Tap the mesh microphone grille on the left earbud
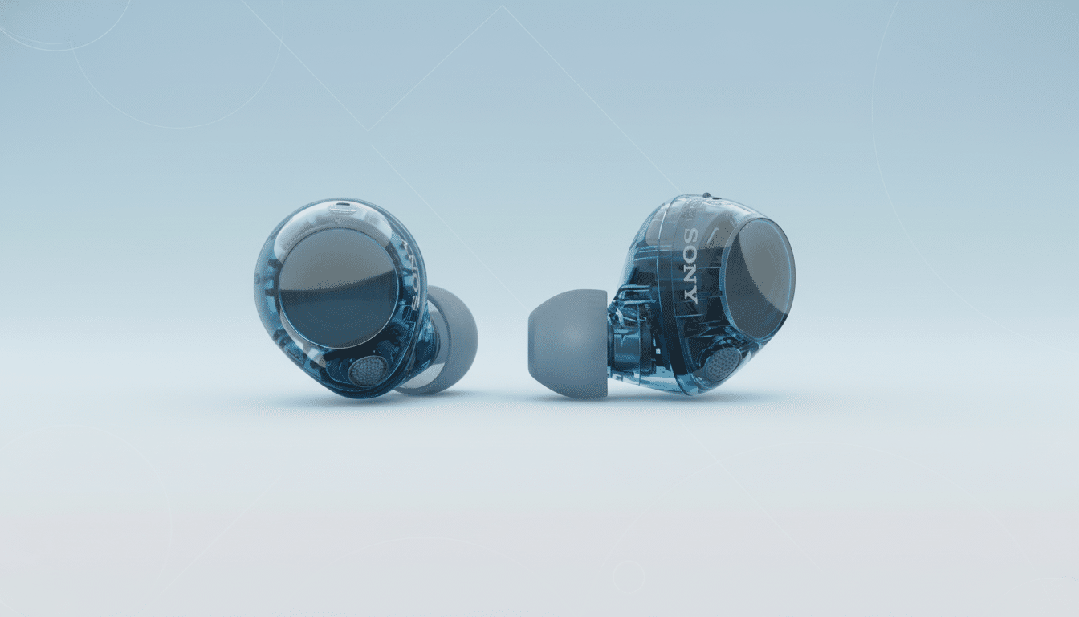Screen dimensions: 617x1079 (x=368, y=370)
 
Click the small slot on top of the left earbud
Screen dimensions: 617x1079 (x=344, y=206)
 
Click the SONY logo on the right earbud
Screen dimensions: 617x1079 (x=690, y=264)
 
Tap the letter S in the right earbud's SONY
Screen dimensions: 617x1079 (x=692, y=238)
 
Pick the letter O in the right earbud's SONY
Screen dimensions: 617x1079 (x=691, y=255)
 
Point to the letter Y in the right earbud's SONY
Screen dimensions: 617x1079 (x=690, y=292)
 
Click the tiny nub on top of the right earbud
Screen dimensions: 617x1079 (x=706, y=195)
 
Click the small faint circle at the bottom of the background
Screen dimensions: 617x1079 (x=628, y=575)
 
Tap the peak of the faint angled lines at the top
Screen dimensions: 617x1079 (x=503, y=7)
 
